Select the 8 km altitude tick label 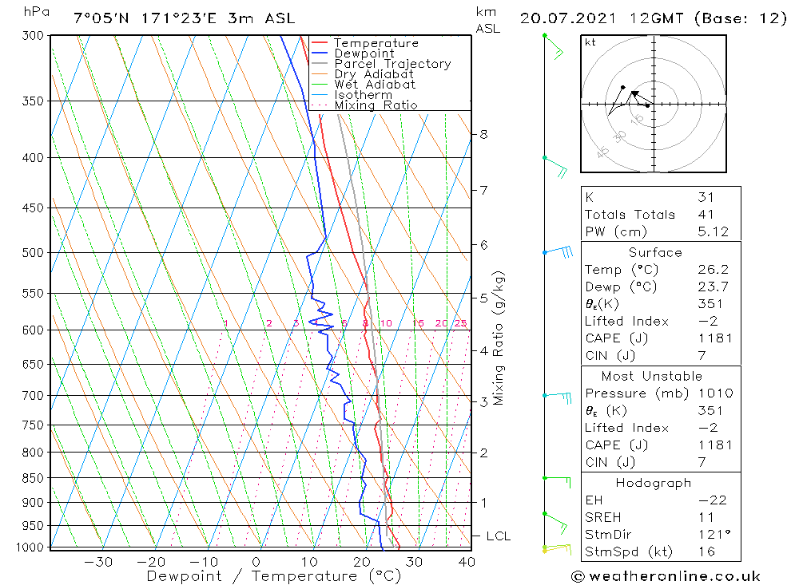[483, 134]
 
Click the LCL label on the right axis [498, 536]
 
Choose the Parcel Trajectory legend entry [392, 64]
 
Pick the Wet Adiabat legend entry [375, 85]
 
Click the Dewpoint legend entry [364, 53]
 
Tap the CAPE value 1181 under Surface [714, 338]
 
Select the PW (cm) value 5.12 [713, 231]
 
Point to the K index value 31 [706, 197]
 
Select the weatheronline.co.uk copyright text [666, 576]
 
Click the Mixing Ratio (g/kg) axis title [499, 338]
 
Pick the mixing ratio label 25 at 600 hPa [460, 323]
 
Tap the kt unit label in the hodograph [590, 42]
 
